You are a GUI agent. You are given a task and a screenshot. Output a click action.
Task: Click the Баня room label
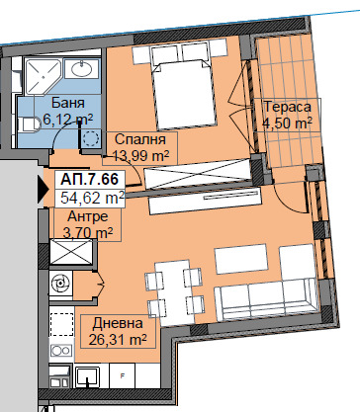68,103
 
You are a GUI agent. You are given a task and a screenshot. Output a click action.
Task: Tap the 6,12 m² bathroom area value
68,120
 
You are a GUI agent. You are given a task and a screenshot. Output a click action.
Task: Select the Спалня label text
140,139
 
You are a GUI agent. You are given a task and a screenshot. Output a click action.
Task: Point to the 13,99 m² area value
140,156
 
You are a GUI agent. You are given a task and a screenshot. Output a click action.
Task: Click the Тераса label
288,107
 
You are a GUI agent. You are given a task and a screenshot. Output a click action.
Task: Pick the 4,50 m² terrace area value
288,124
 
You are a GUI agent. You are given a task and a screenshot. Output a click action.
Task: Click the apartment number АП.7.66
89,180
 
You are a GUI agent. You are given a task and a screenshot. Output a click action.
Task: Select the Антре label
87,216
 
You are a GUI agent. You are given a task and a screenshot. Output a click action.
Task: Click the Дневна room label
118,323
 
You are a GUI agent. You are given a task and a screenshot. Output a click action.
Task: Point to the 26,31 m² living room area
118,339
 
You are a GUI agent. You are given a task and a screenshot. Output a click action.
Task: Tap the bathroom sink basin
81,69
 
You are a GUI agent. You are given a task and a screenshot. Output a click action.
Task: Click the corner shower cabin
43,77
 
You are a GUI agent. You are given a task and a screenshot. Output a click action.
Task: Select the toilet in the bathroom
29,125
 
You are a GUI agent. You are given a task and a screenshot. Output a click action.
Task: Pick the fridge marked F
122,376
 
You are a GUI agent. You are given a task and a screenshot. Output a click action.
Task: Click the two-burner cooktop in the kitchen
61,351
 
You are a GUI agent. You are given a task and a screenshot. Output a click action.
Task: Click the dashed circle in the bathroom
91,138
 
